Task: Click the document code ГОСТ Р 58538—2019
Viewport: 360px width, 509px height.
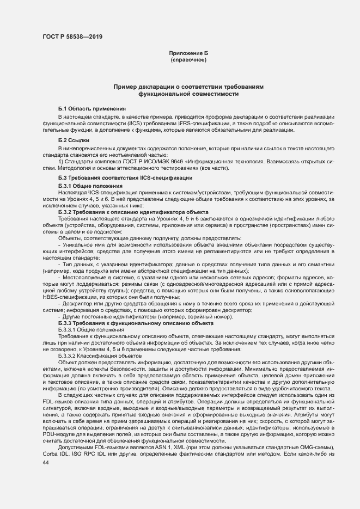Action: [72, 37]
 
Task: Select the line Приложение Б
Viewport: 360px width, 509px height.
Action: [188, 53]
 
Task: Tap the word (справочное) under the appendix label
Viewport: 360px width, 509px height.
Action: [188, 59]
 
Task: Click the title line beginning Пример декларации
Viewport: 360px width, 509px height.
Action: [188, 87]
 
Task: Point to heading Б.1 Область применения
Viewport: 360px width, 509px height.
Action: [92, 109]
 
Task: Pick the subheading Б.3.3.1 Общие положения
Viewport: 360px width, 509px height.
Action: [91, 330]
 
